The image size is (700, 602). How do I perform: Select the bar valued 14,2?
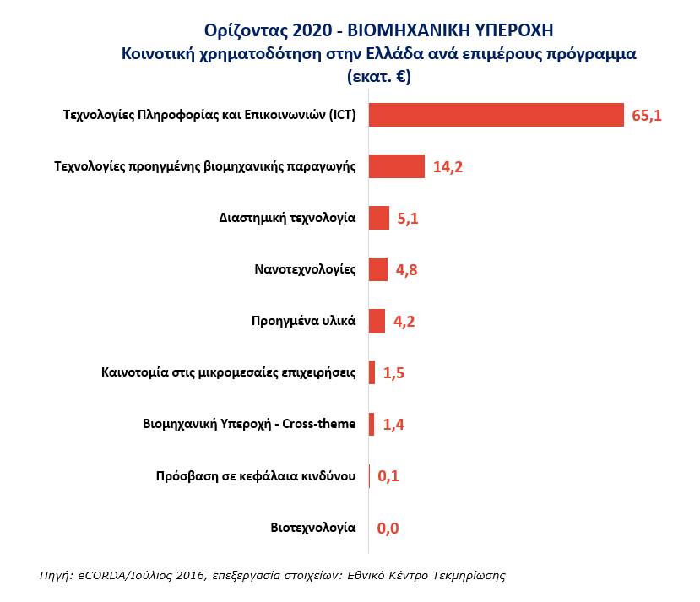[x=397, y=166]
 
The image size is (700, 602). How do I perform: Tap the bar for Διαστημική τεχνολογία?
[x=379, y=218]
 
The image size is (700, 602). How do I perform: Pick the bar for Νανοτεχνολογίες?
[x=378, y=269]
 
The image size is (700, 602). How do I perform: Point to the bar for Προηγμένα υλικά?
[x=377, y=321]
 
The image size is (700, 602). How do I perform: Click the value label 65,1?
[x=647, y=116]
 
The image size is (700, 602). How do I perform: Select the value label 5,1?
[x=408, y=219]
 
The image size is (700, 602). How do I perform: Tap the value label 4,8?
[x=406, y=270]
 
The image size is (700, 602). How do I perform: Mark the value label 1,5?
[x=394, y=373]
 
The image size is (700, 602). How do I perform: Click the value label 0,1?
[x=388, y=476]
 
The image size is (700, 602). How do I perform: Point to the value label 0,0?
[x=388, y=529]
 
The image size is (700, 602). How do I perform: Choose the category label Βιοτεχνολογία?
[x=313, y=528]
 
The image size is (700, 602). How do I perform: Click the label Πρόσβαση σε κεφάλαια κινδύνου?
[x=257, y=476]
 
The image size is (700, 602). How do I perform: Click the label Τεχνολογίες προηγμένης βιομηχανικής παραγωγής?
[x=205, y=166]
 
